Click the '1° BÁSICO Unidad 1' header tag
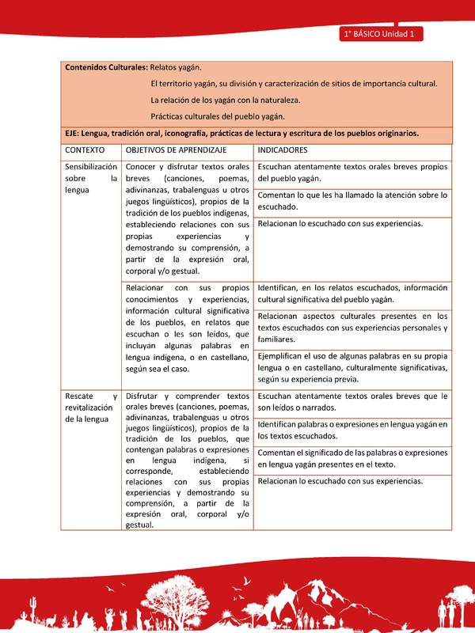coord(382,34)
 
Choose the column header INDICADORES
coord(283,150)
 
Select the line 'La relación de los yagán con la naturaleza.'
coord(225,100)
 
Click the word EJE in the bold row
coord(73,133)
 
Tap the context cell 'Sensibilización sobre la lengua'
coord(91,179)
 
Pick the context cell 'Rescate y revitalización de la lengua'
coord(91,407)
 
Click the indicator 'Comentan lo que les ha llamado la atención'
coord(352,200)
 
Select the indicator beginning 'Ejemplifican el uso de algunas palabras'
coord(352,368)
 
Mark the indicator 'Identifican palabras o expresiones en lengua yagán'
coord(352,430)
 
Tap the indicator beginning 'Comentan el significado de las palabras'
coord(352,458)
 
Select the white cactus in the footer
coord(32,609)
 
